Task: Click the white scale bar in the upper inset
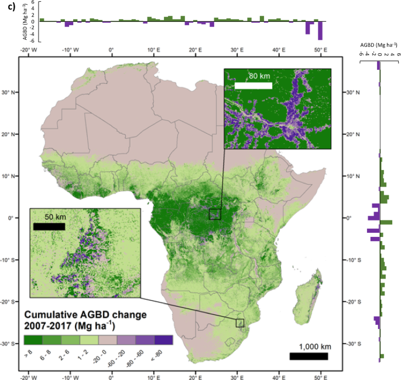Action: tap(253, 86)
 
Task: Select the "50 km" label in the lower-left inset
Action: tap(55, 217)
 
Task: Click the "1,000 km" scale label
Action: tap(309, 345)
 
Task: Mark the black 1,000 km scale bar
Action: tap(309, 356)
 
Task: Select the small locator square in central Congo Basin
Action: tap(215, 215)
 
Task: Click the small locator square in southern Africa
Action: tap(239, 323)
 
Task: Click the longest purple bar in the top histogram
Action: tap(320, 30)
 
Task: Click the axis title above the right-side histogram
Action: tap(381, 44)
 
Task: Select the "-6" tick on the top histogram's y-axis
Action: tap(17, 40)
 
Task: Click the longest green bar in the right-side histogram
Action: tap(386, 222)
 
